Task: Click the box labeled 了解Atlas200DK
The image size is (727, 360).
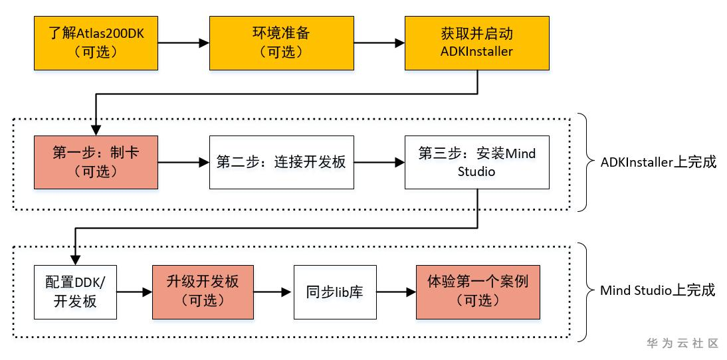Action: (96, 43)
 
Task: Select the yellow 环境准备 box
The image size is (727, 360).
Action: (280, 43)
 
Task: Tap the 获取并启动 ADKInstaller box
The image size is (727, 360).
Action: (477, 43)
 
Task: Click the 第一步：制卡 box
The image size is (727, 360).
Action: (96, 162)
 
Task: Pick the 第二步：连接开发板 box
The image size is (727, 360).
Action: (281, 162)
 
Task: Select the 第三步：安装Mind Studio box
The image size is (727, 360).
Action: (477, 162)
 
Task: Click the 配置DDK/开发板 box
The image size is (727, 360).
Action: (75, 292)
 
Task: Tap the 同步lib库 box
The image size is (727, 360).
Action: (335, 292)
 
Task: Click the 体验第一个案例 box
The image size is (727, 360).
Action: (477, 292)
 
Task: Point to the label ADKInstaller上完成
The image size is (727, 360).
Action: (658, 162)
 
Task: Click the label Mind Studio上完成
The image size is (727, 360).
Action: (657, 290)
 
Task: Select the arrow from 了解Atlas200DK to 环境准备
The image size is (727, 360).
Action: (184, 43)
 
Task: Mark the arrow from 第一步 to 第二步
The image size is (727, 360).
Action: (184, 162)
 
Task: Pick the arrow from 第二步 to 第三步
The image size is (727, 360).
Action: (379, 162)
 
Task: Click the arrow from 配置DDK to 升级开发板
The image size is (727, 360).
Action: (135, 292)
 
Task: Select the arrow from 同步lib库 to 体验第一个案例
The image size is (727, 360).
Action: (396, 292)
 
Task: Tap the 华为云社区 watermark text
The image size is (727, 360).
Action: (682, 343)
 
